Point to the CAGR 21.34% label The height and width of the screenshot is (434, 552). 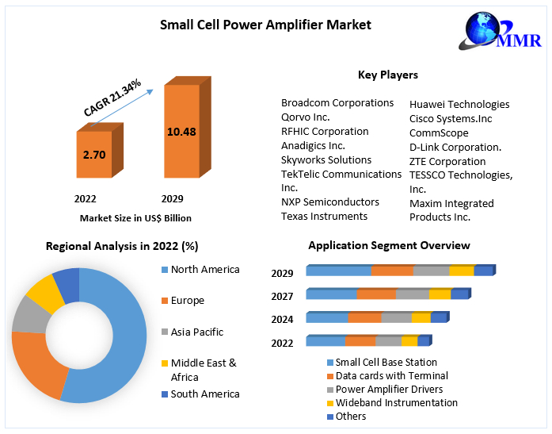[113, 98]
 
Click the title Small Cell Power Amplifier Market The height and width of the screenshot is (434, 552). [265, 25]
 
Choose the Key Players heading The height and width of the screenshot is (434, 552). [388, 75]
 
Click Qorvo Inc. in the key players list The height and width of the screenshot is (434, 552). [306, 117]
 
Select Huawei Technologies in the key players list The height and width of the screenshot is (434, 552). [459, 104]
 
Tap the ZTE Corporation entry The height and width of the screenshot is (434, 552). [447, 161]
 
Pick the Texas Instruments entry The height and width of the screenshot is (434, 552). [325, 217]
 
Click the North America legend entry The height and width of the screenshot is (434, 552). [204, 270]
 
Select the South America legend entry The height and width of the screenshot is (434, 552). [204, 394]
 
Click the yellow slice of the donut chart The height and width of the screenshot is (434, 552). [44, 294]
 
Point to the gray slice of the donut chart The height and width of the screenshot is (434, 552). [30, 316]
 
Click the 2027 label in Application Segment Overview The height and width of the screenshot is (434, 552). [282, 297]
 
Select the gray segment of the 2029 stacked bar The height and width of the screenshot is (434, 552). [431, 271]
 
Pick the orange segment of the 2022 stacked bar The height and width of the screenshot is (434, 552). [360, 342]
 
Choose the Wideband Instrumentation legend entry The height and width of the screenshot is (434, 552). [396, 403]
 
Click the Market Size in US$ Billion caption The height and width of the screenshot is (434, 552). [135, 218]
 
